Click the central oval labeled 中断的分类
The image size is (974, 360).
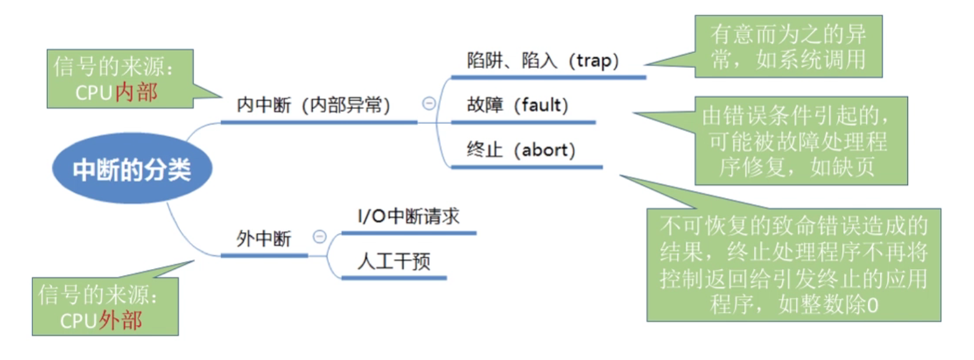[x=131, y=169]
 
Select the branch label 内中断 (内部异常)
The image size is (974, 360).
[x=313, y=106]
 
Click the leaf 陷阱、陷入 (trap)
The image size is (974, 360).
[x=542, y=61]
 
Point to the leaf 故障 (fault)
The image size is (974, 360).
[x=518, y=106]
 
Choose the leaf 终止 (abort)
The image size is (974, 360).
[x=521, y=150]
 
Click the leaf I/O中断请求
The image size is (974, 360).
[x=408, y=217]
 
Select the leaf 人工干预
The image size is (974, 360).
[x=394, y=262]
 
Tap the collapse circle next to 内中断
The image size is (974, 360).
[x=428, y=104]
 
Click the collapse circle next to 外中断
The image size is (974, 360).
[x=319, y=237]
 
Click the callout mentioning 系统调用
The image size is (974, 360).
[x=788, y=46]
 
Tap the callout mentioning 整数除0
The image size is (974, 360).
[x=793, y=265]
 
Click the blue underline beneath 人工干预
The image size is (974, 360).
[x=394, y=277]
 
